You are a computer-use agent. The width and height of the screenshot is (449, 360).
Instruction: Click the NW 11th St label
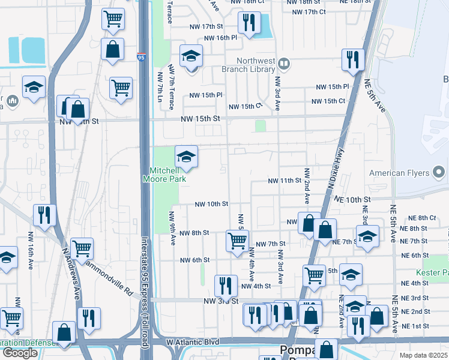point(284,181)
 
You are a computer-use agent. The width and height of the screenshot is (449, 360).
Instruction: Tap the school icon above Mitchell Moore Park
point(186,158)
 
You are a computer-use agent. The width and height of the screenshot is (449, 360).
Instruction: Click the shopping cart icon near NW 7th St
point(237,240)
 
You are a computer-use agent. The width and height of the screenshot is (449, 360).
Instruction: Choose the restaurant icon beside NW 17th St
point(248,23)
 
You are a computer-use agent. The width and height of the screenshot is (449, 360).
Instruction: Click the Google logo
point(19,353)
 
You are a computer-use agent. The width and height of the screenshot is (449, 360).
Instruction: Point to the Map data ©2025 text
point(424,355)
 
